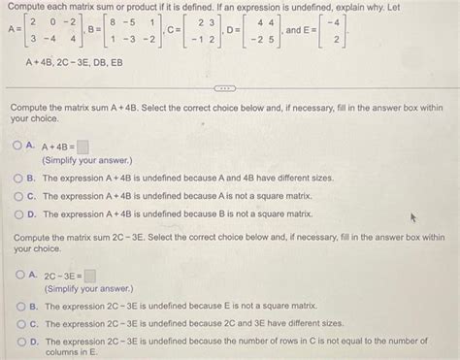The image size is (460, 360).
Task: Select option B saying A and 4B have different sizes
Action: pos(18,179)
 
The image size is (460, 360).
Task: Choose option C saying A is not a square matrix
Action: pos(18,196)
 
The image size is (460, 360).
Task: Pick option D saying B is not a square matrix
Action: pos(18,213)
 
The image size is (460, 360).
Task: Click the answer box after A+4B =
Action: pos(83,148)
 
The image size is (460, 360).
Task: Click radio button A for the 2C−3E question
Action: pos(18,275)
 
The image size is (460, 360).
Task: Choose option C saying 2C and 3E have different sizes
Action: pos(18,324)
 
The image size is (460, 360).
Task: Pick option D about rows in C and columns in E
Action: pos(18,342)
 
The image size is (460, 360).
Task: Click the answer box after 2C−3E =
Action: pos(89,276)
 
